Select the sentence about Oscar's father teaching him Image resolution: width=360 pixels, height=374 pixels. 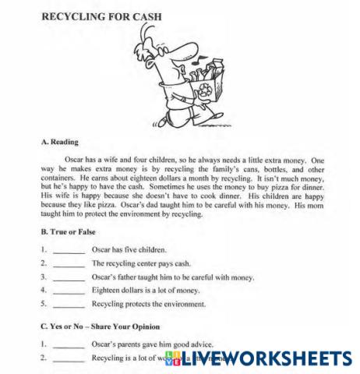click(x=173, y=277)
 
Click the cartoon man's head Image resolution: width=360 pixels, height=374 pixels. click(x=157, y=62)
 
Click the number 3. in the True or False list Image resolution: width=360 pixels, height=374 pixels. click(x=44, y=277)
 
